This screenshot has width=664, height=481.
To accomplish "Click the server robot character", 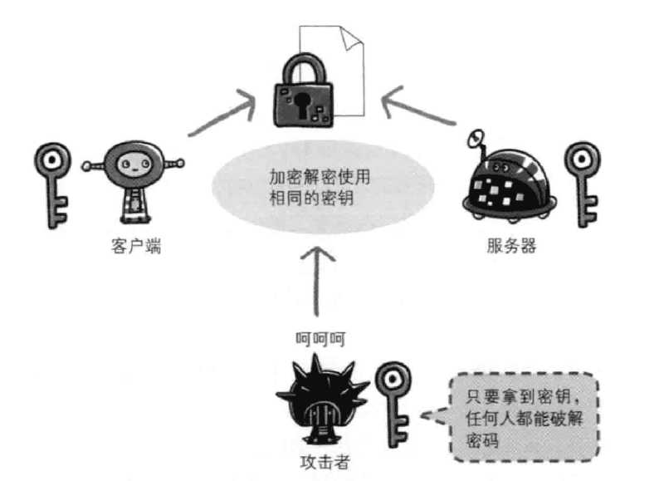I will click(x=509, y=179).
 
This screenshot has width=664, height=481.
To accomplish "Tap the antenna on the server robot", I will click(x=479, y=138).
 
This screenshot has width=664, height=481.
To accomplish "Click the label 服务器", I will click(x=512, y=247).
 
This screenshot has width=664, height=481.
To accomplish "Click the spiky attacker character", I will click(x=320, y=398).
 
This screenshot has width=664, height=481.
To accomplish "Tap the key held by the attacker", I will click(x=392, y=399).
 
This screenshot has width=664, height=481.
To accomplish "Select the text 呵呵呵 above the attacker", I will click(x=319, y=338).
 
